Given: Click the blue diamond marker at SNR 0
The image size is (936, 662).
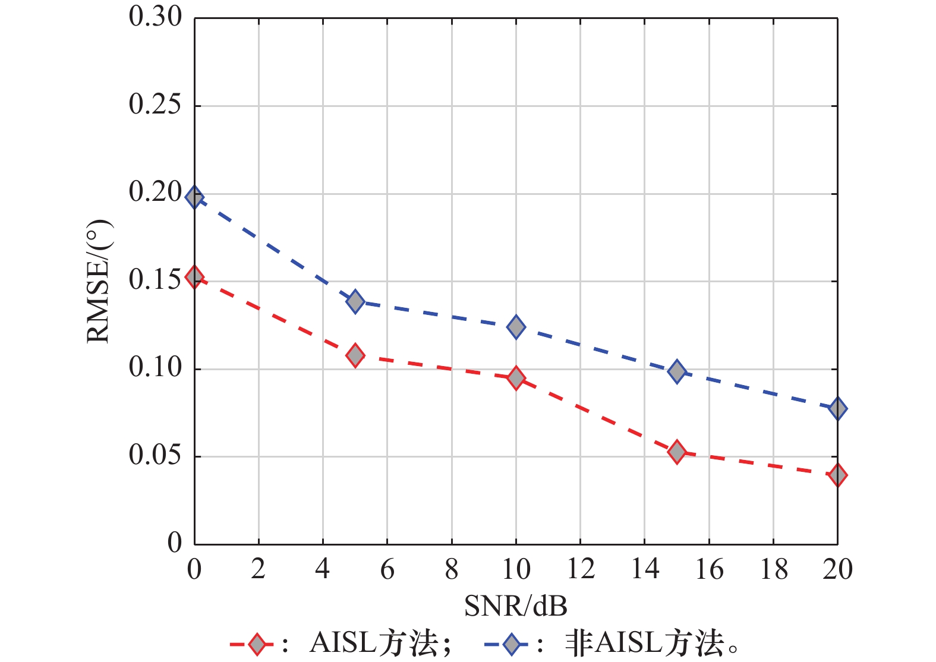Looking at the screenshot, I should click(x=194, y=197).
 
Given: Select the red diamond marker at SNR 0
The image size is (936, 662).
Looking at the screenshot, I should click(x=194, y=276).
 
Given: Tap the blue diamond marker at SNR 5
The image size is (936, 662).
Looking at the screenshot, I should click(x=355, y=302).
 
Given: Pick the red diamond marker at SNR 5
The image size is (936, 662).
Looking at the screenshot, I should click(x=355, y=355).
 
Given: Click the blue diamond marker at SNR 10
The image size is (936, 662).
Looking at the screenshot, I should click(x=516, y=327).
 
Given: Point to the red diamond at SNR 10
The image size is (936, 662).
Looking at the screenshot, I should click(x=516, y=378).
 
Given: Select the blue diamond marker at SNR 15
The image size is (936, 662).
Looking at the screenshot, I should click(x=677, y=372).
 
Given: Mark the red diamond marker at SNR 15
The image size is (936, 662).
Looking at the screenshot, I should click(x=677, y=452).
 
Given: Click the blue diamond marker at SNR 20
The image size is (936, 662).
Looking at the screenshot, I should click(x=837, y=409).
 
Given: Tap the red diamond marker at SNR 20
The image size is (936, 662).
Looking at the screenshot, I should click(x=837, y=475).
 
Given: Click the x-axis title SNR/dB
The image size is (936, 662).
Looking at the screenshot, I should click(x=515, y=606).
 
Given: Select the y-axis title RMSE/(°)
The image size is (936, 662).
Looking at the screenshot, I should click(x=99, y=281).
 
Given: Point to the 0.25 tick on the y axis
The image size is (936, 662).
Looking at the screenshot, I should click(x=155, y=105).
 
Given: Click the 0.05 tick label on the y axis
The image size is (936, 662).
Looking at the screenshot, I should click(x=155, y=456).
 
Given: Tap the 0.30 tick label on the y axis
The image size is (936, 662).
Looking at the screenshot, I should click(x=155, y=17).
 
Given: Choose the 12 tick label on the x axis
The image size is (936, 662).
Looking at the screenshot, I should click(x=580, y=569).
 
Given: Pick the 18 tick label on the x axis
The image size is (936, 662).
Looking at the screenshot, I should click(x=773, y=569).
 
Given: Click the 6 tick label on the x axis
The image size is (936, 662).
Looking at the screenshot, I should click(x=387, y=569).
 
